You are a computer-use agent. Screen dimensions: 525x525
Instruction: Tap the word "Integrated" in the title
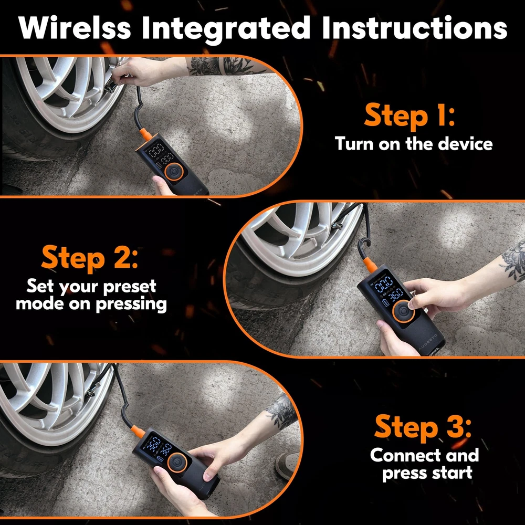(226, 29)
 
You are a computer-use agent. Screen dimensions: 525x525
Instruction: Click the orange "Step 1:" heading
(409, 116)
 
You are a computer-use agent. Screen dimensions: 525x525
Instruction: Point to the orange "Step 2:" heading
(90, 258)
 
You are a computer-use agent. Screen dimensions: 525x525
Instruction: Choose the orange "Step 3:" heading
(423, 427)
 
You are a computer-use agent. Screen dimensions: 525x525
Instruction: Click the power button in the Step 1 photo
(174, 172)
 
